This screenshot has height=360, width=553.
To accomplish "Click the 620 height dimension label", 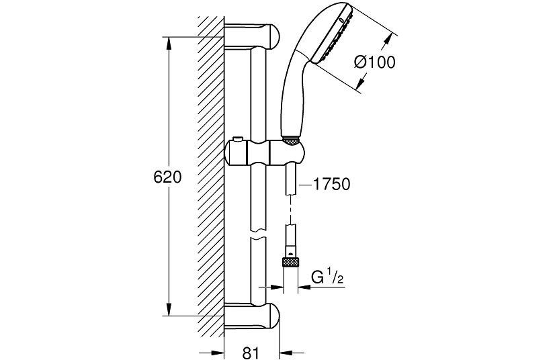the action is [x=167, y=177].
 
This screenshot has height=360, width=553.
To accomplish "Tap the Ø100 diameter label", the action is [x=374, y=62].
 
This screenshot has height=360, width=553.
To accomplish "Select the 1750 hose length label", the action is [x=331, y=185].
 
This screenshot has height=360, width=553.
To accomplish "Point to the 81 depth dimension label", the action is [x=251, y=353].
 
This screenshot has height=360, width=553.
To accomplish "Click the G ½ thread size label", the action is [x=327, y=277].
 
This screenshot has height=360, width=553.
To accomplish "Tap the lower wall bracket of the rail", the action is [x=252, y=316].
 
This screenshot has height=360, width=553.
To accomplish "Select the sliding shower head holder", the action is [x=265, y=152].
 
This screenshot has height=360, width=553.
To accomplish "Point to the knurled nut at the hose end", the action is [x=290, y=262].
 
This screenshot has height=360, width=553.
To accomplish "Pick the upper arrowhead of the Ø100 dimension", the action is [x=388, y=38].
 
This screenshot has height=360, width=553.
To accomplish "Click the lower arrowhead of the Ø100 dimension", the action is [x=360, y=83].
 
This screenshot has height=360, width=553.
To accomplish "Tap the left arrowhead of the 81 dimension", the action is [x=218, y=353].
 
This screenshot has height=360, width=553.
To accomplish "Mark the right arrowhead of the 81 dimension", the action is [x=286, y=353].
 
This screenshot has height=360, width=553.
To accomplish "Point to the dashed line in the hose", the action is [x=290, y=210].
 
